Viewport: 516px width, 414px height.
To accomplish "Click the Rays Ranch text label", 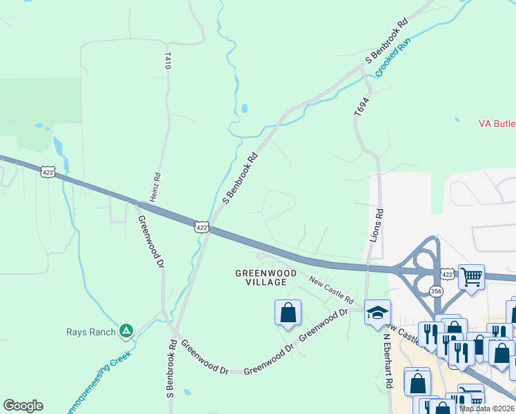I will coord(91,332).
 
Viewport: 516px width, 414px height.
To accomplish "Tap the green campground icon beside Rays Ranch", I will coord(126,332).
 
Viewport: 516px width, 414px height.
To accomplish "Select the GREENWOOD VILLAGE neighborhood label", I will coord(266,278).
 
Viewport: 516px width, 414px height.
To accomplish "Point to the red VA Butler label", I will coord(497,124).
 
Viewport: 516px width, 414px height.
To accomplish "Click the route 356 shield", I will coord(436,292).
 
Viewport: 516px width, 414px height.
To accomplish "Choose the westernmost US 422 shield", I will coord(47,172).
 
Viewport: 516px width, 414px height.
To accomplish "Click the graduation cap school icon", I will coord(377,313).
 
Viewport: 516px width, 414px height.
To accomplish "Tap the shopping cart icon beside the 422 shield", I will coord(471,277).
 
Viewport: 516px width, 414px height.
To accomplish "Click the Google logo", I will coord(23,406).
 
